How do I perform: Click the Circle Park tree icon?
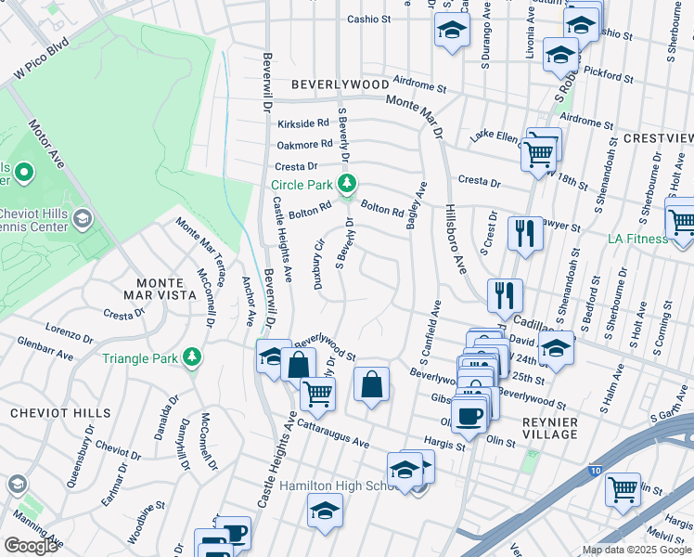(x=347, y=184)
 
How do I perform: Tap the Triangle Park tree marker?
(x=192, y=357)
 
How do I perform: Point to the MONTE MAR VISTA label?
(x=153, y=288)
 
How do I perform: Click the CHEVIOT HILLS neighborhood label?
(x=60, y=412)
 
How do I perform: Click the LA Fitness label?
(x=633, y=239)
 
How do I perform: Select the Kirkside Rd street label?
(x=303, y=123)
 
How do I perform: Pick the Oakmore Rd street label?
(x=304, y=144)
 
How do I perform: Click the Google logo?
(x=31, y=546)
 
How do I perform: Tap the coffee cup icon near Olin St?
(x=469, y=414)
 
